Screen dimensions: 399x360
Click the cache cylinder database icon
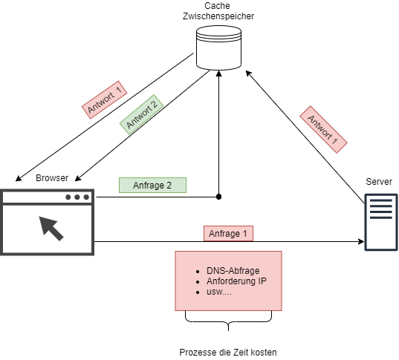click(218, 48)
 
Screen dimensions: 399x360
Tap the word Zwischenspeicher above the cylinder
click(218, 16)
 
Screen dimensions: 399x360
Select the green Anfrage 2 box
click(152, 185)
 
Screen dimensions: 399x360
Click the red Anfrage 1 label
click(228, 233)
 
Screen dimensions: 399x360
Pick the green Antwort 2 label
click(141, 114)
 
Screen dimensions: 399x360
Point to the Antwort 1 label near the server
click(323, 129)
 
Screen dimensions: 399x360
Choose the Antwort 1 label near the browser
click(104, 99)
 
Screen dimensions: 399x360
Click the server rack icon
click(381, 222)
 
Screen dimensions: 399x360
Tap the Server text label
click(379, 182)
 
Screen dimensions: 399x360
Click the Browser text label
click(52, 178)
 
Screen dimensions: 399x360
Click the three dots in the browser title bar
click(77, 197)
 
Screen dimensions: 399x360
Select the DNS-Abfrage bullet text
click(233, 271)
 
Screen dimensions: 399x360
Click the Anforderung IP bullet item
click(236, 281)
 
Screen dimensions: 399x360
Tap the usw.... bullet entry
click(219, 292)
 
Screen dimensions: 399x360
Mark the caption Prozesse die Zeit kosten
click(228, 353)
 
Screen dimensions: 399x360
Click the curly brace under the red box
click(229, 322)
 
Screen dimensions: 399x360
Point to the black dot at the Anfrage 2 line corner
click(218, 197)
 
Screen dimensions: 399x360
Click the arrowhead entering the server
click(361, 241)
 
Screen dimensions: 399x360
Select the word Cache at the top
click(217, 6)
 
